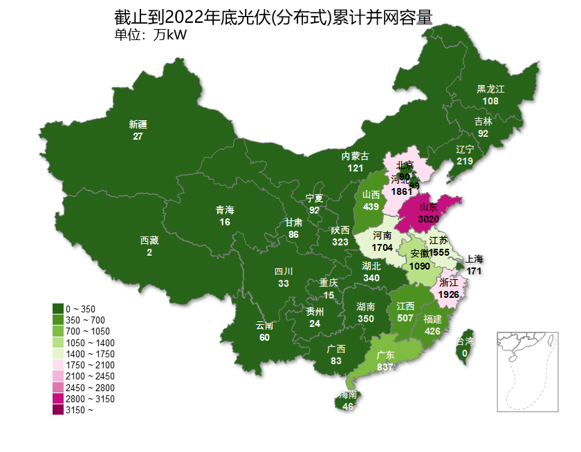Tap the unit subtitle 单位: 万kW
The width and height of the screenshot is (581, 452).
tap(150, 35)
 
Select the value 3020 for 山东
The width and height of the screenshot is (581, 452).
tap(429, 219)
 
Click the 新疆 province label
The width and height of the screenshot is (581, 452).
tap(138, 124)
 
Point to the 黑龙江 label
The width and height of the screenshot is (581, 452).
tap(490, 89)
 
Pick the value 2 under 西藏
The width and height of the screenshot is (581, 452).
tap(149, 253)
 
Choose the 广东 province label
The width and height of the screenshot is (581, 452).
tap(386, 355)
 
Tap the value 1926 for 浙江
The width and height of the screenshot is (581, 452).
tap(449, 294)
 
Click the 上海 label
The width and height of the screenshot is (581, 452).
tap(474, 259)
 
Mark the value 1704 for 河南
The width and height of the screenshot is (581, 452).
tap(382, 247)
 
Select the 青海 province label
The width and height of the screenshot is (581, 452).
tap(225, 210)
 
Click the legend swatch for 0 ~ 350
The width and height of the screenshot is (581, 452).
tap(58, 308)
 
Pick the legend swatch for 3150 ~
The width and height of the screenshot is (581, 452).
tap(58, 410)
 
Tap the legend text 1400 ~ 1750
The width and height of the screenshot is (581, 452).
tap(90, 354)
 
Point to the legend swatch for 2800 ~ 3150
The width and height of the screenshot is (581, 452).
tap(58, 399)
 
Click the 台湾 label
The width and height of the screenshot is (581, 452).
tap(465, 342)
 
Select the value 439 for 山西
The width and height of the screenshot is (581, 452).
tap(371, 207)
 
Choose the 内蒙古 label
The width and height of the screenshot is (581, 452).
tap(356, 156)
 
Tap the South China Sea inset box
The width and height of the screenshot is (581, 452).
tap(527, 371)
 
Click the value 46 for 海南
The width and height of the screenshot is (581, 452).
tap(348, 406)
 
